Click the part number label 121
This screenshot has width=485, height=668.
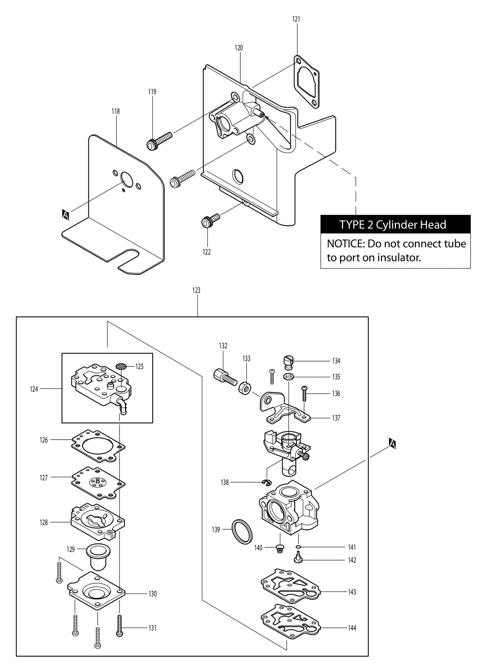[x=296, y=19]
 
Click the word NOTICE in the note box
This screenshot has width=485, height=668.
[x=345, y=243]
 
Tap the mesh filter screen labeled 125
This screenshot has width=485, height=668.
[x=121, y=366]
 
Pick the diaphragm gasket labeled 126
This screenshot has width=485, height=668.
[x=98, y=446]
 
